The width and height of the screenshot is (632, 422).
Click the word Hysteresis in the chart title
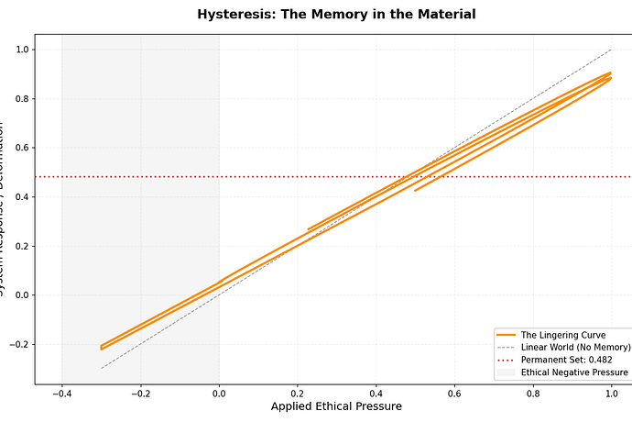(x=234, y=15)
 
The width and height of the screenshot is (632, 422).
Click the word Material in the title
(x=445, y=15)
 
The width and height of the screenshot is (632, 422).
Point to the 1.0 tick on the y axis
(x=19, y=50)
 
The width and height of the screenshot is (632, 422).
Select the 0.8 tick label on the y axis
(x=19, y=99)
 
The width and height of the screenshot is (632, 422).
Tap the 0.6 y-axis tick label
(x=19, y=148)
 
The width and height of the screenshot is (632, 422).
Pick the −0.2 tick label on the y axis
(x=16, y=344)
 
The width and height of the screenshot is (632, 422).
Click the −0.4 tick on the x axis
(x=61, y=393)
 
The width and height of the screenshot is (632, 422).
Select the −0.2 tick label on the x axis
(x=140, y=393)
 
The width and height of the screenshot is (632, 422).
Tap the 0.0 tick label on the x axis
(x=219, y=393)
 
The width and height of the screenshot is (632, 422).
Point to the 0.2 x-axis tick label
(x=298, y=393)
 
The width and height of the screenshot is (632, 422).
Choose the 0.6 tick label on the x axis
(x=454, y=393)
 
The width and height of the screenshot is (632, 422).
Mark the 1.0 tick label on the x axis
(x=611, y=393)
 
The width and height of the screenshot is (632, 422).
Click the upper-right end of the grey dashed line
(x=611, y=50)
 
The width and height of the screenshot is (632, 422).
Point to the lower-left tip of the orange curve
(x=102, y=349)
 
